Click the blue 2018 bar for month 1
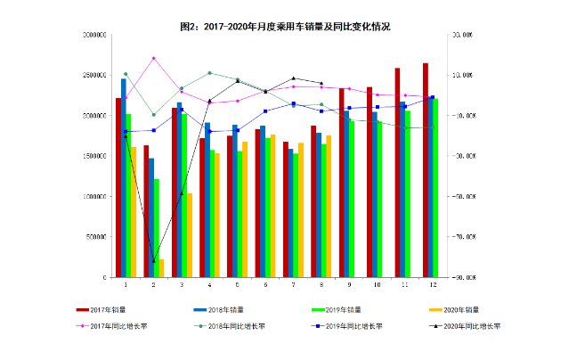point(124,178)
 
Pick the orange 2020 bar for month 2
point(161,268)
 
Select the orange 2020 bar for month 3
point(190,235)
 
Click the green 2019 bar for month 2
point(156,228)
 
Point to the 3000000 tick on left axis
point(95,35)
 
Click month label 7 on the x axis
point(294,285)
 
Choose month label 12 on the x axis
point(433,285)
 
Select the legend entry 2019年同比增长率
point(353,326)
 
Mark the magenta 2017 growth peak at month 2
point(153,58)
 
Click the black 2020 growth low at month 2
point(153,261)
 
